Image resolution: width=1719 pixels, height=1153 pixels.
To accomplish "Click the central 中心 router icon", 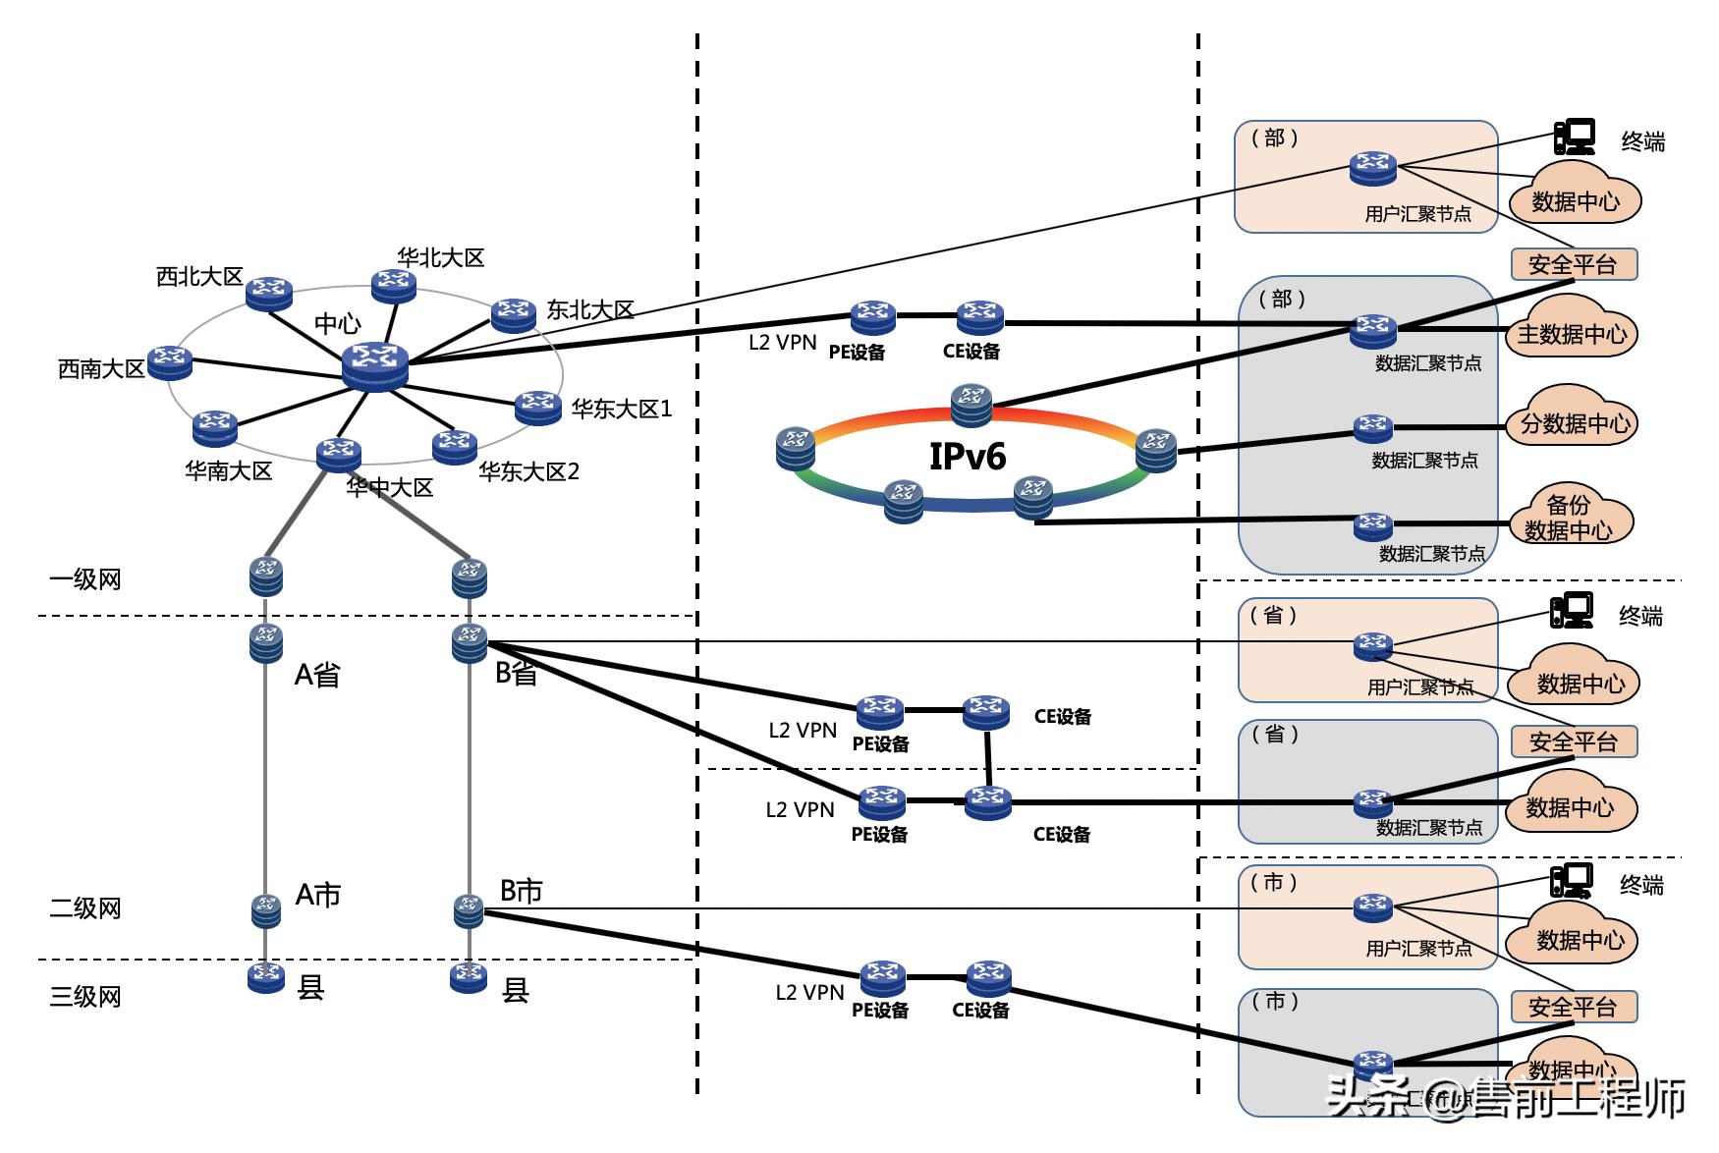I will [374, 365].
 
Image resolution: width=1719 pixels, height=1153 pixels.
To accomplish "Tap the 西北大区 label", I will [199, 277].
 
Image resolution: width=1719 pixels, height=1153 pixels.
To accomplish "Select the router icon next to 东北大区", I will [513, 315].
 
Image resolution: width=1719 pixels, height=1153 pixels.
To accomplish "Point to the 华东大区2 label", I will [528, 472].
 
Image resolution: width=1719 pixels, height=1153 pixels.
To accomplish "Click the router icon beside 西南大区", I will [170, 361].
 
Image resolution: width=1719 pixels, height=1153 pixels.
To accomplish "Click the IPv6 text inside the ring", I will [968, 457].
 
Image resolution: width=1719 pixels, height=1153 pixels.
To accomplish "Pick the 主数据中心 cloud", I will [1572, 334].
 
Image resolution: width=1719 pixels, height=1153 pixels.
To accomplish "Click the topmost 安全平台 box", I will [1574, 264].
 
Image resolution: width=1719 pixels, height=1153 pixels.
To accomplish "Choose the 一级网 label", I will [85, 579].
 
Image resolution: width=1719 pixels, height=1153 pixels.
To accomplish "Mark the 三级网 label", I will [85, 997].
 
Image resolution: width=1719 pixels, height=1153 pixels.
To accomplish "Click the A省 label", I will [317, 675].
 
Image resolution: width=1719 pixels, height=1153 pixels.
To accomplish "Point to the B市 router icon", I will [469, 910].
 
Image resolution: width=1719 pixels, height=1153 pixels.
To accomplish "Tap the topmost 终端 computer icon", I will [1575, 137].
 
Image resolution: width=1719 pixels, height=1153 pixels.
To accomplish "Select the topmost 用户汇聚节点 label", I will [1417, 214].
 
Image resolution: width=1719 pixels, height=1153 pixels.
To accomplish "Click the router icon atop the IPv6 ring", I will [971, 403].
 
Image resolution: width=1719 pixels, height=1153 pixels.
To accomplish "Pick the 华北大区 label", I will [441, 258].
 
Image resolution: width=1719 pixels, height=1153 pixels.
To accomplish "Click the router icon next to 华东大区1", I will [538, 405].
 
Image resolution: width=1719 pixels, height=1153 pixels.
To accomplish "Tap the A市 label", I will [318, 895].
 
